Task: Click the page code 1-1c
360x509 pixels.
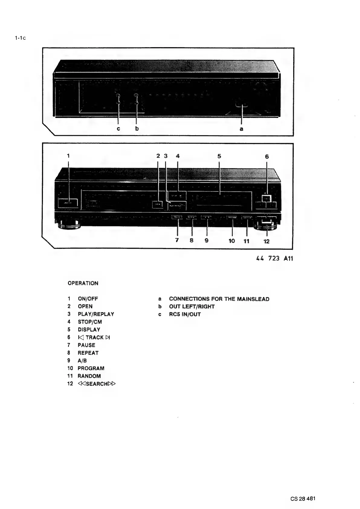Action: point(20,38)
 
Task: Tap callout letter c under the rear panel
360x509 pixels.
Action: point(118,129)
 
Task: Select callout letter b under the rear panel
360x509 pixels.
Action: point(137,129)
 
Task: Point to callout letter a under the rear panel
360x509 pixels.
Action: point(241,129)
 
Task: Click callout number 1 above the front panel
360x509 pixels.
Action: point(68,155)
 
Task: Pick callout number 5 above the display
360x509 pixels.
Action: point(219,156)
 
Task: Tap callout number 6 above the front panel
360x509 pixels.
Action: point(267,156)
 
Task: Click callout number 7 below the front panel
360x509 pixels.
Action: point(177,240)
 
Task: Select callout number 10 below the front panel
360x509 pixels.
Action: point(232,241)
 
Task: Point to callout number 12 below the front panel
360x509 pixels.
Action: point(266,241)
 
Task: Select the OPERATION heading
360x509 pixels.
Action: point(83,283)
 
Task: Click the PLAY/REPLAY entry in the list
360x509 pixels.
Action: point(96,314)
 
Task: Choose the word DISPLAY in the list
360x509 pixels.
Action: point(89,330)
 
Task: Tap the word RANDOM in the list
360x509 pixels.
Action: point(89,376)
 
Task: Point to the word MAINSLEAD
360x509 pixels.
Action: point(253,299)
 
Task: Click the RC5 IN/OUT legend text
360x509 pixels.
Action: point(185,314)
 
